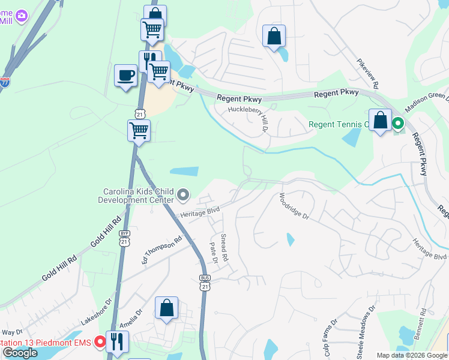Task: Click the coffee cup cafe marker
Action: [x=125, y=76]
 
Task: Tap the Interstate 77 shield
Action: [x=5, y=83]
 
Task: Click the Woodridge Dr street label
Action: [x=294, y=206]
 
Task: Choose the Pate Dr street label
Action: [x=212, y=253]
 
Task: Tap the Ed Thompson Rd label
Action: [x=161, y=250]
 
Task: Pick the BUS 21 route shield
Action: [x=205, y=284]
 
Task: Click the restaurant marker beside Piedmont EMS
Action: [x=117, y=342]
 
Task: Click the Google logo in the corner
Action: [x=20, y=353]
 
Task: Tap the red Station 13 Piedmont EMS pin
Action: [x=99, y=343]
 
